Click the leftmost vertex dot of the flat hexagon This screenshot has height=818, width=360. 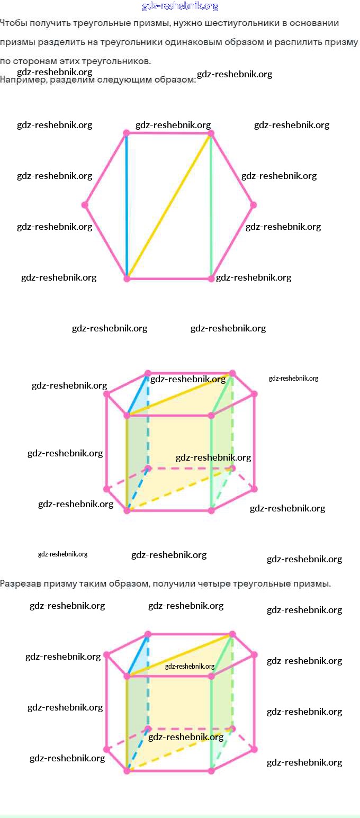click(x=85, y=204)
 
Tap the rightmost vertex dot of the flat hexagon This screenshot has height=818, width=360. click(x=254, y=204)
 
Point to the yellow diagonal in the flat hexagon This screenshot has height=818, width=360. click(x=168, y=206)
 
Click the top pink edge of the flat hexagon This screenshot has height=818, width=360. click(x=168, y=134)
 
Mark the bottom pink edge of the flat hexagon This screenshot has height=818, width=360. click(x=168, y=278)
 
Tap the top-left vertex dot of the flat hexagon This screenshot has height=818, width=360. click(x=127, y=133)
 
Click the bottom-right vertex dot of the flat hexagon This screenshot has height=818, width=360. click(x=212, y=278)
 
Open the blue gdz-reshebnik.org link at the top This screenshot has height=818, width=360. click(x=180, y=6)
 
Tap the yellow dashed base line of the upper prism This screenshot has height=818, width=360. click(x=180, y=489)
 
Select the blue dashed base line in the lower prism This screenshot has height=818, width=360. click(x=137, y=750)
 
